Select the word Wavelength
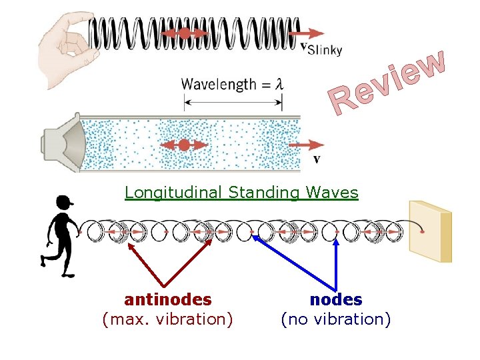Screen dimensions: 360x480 tap(218, 85)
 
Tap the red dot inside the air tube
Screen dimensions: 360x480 tap(184, 145)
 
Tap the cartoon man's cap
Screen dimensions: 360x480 tap(65, 201)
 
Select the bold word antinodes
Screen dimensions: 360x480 tap(167, 300)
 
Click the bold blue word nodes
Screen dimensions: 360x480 tap(336, 300)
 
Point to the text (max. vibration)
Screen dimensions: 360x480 tap(167, 319)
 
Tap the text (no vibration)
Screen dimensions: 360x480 tap(336, 319)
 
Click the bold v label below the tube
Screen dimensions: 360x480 tap(316, 159)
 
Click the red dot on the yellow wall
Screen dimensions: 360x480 tap(422, 232)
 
